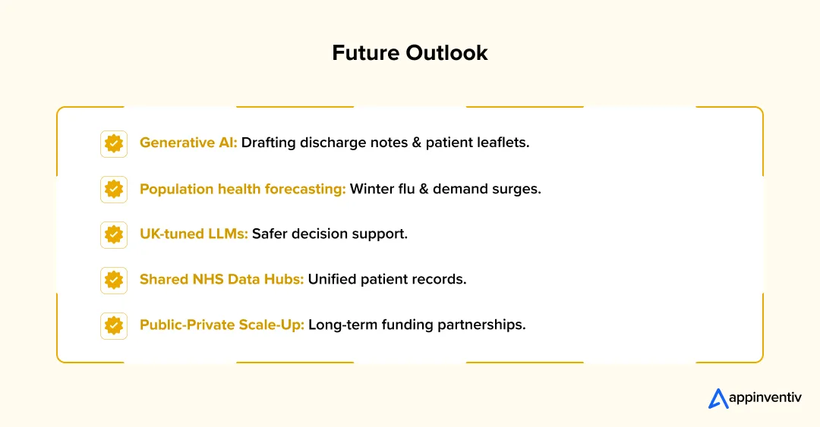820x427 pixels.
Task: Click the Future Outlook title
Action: click(410, 53)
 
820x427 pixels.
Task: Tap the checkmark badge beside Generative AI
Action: click(114, 144)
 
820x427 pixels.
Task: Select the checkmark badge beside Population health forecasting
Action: click(114, 189)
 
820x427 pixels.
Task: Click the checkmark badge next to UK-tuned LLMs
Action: click(114, 234)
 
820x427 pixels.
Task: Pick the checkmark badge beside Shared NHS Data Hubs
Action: click(114, 280)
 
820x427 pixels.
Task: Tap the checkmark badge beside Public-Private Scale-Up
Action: click(114, 325)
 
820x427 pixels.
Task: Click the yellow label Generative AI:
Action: click(188, 143)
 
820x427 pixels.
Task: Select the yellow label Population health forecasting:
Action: click(243, 189)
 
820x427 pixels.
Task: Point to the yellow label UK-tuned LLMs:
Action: click(194, 234)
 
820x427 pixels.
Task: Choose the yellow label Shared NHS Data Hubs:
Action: click(222, 279)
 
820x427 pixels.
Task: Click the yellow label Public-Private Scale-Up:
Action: click(222, 325)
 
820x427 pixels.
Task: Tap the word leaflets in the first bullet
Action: click(503, 142)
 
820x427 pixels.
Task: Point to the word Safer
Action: click(270, 234)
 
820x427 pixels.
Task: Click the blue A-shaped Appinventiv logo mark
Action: click(718, 398)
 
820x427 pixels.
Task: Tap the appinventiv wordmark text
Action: click(765, 397)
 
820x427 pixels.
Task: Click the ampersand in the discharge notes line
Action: click(416, 142)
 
